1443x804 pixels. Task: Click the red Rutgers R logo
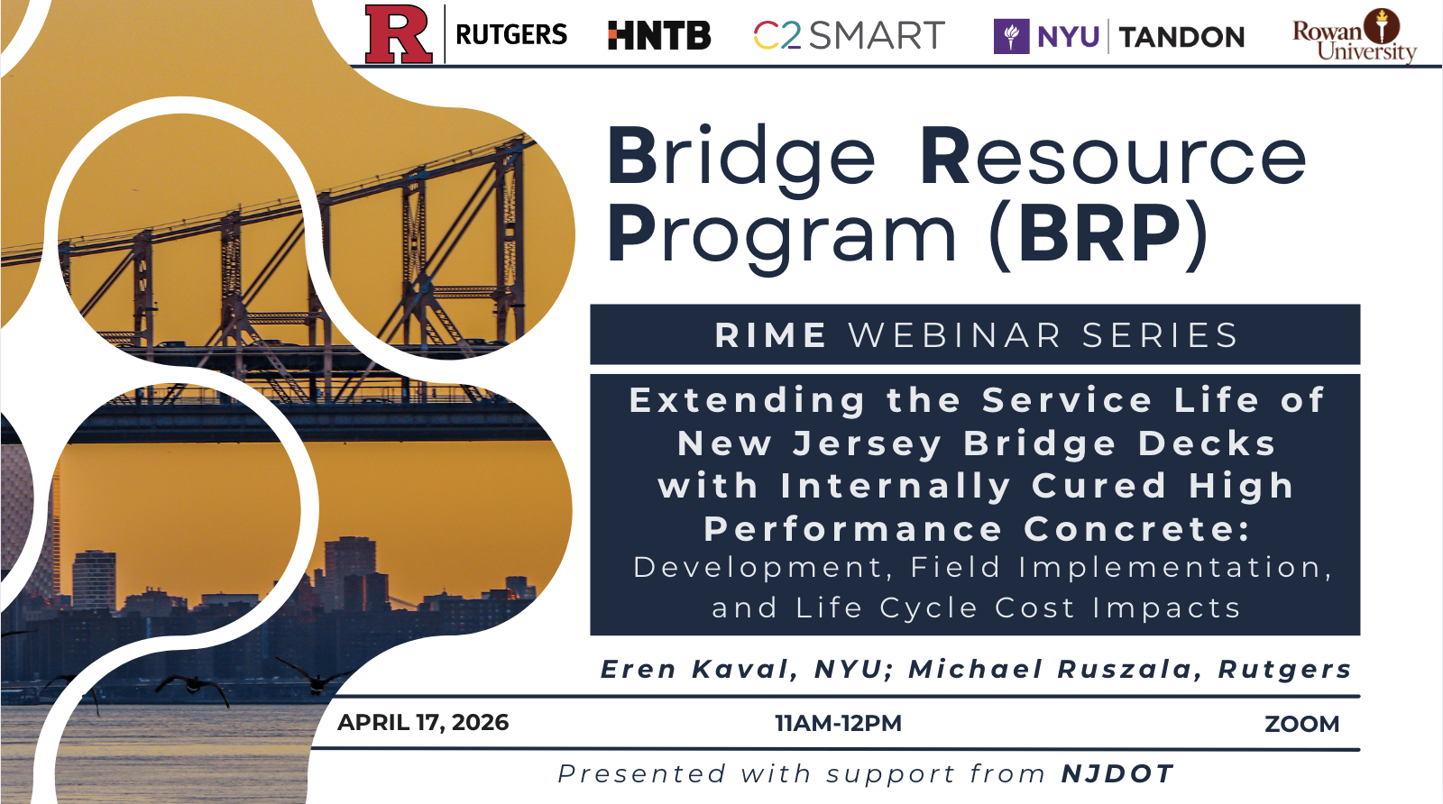pyautogui.click(x=399, y=34)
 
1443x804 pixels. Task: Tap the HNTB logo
pyautogui.click(x=659, y=35)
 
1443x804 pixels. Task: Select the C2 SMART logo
pyautogui.click(x=849, y=35)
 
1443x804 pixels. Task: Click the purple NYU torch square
pyautogui.click(x=1011, y=36)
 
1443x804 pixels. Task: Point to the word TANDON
pyautogui.click(x=1182, y=37)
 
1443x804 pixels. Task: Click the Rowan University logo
pyautogui.click(x=1355, y=36)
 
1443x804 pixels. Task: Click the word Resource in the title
pyautogui.click(x=1113, y=156)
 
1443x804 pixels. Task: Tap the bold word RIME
pyautogui.click(x=771, y=335)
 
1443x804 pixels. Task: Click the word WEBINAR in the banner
pyautogui.click(x=955, y=335)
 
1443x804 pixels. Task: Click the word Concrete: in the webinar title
pyautogui.click(x=1137, y=529)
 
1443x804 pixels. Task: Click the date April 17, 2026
pyautogui.click(x=423, y=723)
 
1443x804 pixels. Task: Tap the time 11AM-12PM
pyautogui.click(x=838, y=724)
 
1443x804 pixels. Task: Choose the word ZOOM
pyautogui.click(x=1302, y=724)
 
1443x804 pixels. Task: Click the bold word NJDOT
pyautogui.click(x=1117, y=773)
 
